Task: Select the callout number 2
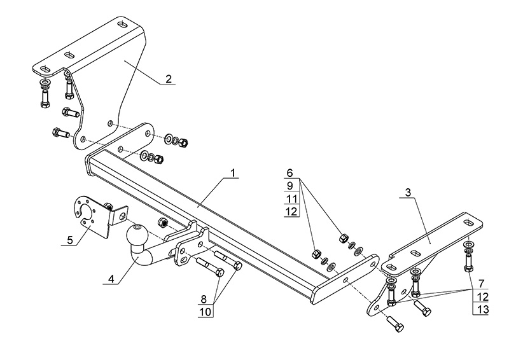tap(168, 79)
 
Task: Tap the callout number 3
tap(407, 191)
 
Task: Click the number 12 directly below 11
tap(291, 211)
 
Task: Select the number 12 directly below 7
tap(482, 296)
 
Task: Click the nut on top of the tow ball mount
tap(162, 223)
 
